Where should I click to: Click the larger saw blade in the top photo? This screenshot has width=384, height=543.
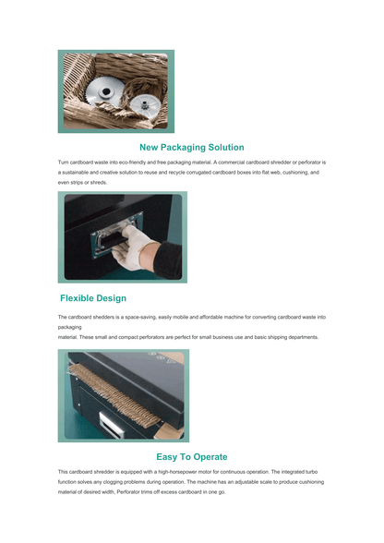(x=104, y=90)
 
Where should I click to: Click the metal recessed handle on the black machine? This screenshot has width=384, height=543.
(x=116, y=235)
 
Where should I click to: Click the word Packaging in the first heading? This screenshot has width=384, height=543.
(x=184, y=148)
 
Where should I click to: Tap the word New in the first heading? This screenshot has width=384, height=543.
(x=150, y=148)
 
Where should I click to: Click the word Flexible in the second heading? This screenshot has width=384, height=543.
(x=80, y=298)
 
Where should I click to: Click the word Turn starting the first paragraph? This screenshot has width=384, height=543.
(x=63, y=163)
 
